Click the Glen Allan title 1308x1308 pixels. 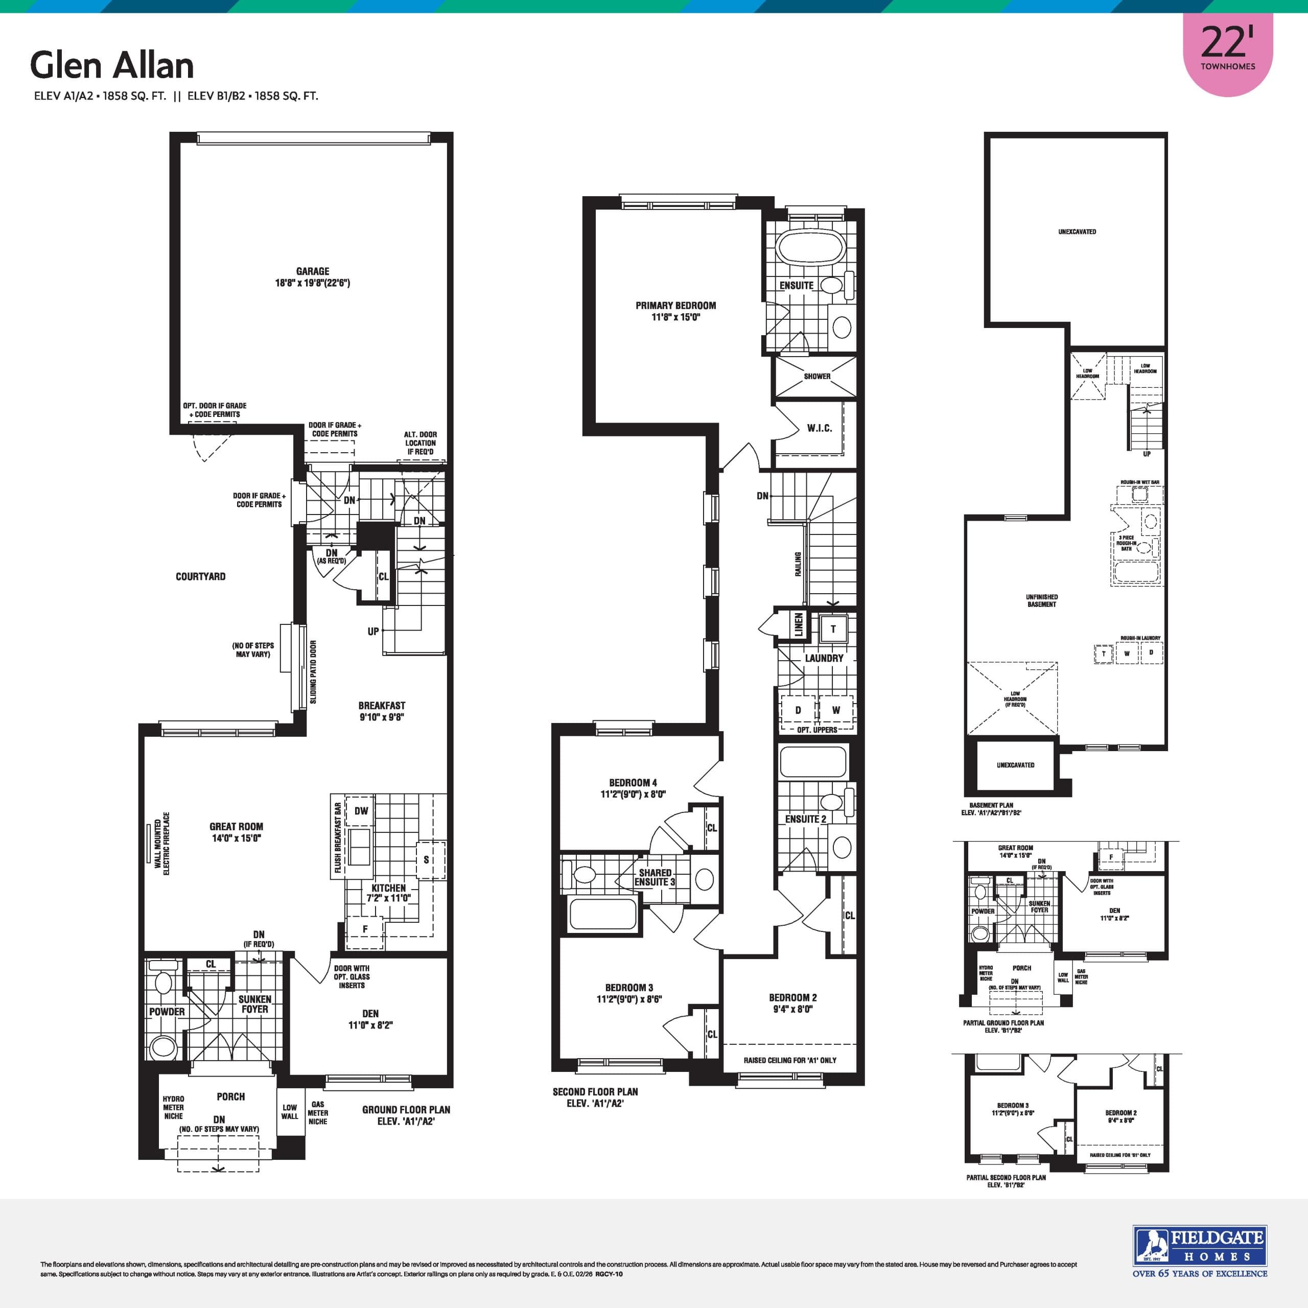(x=112, y=66)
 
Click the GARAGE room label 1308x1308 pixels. (x=312, y=271)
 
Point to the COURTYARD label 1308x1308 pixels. (x=200, y=577)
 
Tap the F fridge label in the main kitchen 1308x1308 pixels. (x=365, y=929)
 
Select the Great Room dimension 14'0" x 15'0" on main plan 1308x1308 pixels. (x=236, y=838)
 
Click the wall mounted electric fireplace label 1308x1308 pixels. (x=162, y=844)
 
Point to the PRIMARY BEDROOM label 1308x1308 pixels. (x=675, y=306)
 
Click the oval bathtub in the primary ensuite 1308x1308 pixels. (x=810, y=248)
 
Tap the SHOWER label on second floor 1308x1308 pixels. (x=816, y=377)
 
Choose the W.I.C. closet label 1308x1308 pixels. (x=819, y=429)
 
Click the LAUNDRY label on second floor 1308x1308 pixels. (x=824, y=658)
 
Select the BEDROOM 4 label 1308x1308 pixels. (x=633, y=783)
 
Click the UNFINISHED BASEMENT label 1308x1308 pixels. (x=1041, y=600)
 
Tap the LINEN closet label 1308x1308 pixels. (x=799, y=624)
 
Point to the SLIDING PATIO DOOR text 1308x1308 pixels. (x=313, y=672)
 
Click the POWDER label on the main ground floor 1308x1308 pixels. (x=167, y=1012)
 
